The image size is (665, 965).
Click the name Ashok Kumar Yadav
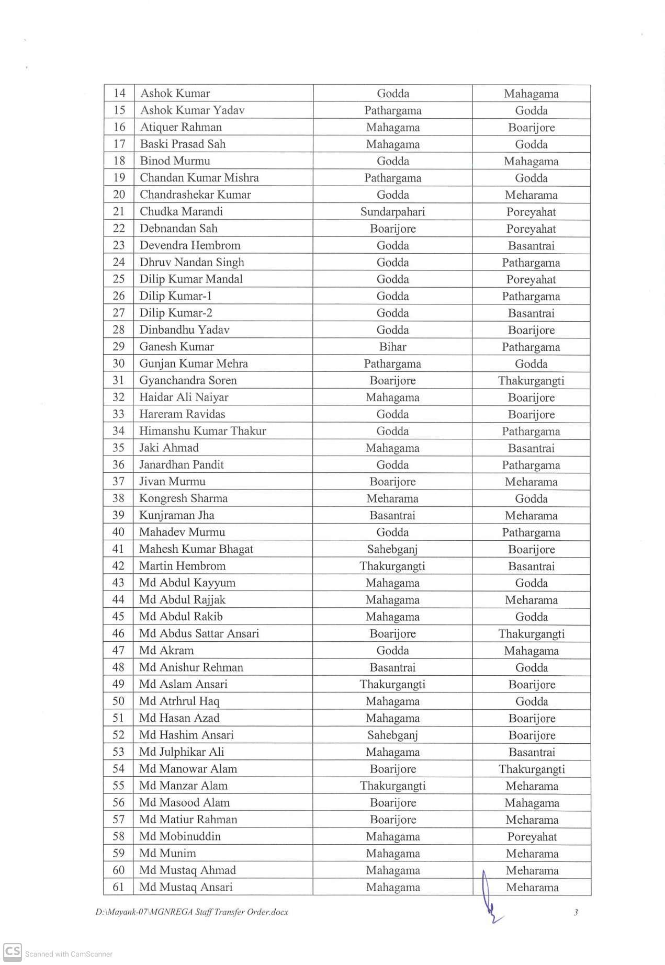192,110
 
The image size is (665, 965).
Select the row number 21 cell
119,211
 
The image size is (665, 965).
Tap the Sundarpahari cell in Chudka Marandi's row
392,212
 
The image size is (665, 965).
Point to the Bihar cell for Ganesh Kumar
392,347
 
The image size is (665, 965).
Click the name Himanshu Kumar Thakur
202,431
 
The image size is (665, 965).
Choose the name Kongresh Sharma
183,498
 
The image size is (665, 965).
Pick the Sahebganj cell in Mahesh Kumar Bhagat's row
392,549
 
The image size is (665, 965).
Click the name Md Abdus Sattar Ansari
199,633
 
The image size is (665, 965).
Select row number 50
119,701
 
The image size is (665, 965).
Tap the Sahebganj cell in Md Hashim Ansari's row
392,735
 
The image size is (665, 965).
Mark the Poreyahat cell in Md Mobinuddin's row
532,836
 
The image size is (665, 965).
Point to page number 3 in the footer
576,912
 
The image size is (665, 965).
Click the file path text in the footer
191,912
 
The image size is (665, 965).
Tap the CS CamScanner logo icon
13,951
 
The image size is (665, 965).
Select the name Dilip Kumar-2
175,313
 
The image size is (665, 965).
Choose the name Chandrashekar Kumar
195,195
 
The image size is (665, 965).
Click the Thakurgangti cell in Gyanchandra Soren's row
531,381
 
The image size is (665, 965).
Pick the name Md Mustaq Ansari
186,887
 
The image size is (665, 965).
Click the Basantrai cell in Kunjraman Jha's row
392,515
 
